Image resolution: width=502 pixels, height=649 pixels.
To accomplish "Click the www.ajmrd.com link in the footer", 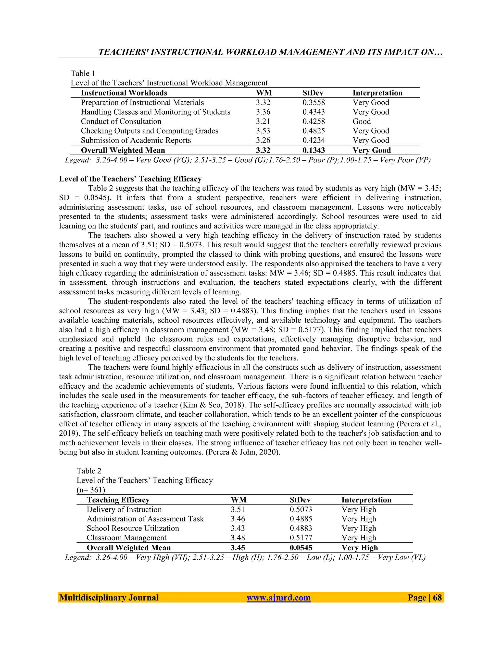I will click(x=278, y=598).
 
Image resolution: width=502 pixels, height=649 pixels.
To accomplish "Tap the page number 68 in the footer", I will click(x=437, y=598).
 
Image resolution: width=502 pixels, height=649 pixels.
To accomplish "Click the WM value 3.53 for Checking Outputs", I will click(x=263, y=131).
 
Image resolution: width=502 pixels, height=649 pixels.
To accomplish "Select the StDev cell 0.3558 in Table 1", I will click(x=314, y=103).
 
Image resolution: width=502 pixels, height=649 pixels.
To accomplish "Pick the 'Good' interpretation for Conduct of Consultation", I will click(x=361, y=121).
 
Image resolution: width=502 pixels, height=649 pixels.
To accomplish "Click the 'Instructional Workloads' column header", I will click(x=124, y=93).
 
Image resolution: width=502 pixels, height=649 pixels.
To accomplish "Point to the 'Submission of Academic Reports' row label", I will click(x=136, y=140).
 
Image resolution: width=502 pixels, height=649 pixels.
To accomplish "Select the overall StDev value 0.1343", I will click(x=314, y=150).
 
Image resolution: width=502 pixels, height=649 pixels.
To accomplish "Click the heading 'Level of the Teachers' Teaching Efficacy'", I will click(x=130, y=179).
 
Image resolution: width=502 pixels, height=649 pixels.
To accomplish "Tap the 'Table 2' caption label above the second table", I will click(x=89, y=471).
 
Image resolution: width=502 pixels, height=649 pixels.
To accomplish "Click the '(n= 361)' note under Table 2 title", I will click(x=91, y=490).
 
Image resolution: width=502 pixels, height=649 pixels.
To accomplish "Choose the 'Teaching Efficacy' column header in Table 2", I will click(x=118, y=500).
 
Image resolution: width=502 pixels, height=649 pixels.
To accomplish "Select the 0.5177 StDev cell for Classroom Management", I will click(x=301, y=538).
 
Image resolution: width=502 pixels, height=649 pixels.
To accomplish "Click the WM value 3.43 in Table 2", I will click(x=238, y=528).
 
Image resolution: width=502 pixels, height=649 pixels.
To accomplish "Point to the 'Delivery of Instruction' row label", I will click(x=124, y=509).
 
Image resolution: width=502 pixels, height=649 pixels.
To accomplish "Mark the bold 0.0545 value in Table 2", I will click(x=301, y=548).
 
